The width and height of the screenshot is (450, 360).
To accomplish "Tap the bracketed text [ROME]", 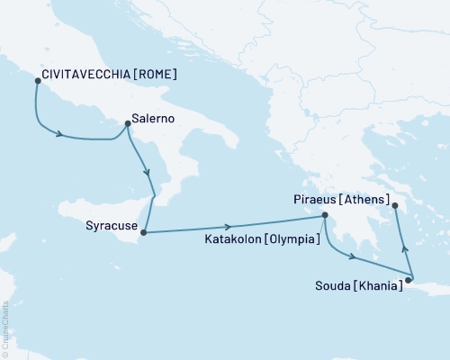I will pos(150,75).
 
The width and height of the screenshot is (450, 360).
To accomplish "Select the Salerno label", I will pos(152,117).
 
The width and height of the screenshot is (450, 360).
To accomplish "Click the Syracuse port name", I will pos(112,228).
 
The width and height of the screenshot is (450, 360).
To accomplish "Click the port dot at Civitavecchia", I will pos(37,81).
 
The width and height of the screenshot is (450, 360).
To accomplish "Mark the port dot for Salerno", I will pos(127,124).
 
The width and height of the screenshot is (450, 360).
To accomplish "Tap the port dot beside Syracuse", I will pos(143,233).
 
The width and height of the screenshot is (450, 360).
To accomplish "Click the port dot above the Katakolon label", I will pos(325,215).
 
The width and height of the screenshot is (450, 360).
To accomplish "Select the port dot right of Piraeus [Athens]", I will pos(396,206).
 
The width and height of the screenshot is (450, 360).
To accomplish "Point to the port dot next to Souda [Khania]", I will pos(407,281).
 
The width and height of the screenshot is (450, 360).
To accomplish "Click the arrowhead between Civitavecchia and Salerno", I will pos(61,136).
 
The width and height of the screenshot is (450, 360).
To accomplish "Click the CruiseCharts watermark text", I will pos(4,328).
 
